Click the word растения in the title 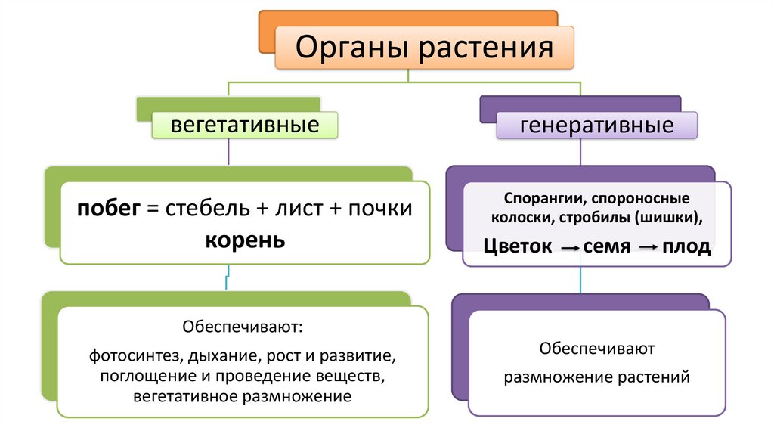tap(486, 48)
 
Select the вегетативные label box tap(245, 125)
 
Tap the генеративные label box tap(597, 126)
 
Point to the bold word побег tap(109, 209)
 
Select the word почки tap(380, 209)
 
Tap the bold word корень tap(246, 240)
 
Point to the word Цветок tap(517, 246)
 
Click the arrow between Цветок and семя tap(570, 248)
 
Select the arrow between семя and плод tap(649, 247)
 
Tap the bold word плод tap(686, 246)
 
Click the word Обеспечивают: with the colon tap(243, 327)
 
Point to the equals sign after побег tap(153, 209)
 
